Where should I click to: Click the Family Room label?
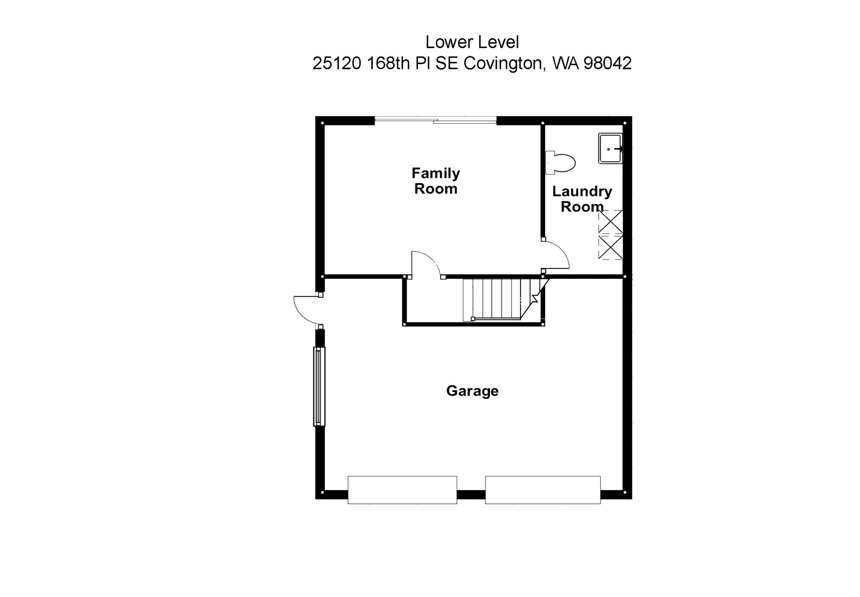[x=435, y=181]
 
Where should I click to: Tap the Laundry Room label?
[x=582, y=199]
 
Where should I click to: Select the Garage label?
[x=472, y=391]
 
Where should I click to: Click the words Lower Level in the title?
[x=472, y=42]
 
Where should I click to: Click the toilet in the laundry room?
[x=561, y=163]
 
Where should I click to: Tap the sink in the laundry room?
[x=611, y=149]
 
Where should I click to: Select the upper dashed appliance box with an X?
[x=611, y=222]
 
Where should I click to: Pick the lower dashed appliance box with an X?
[x=611, y=248]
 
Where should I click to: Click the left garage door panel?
[x=402, y=490]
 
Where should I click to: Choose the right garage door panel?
[x=543, y=490]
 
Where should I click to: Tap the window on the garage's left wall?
[x=319, y=386]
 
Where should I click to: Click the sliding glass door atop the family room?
[x=435, y=121]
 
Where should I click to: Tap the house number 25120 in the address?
[x=337, y=63]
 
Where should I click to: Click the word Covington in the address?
[x=504, y=63]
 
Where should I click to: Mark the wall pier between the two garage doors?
[x=471, y=495]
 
